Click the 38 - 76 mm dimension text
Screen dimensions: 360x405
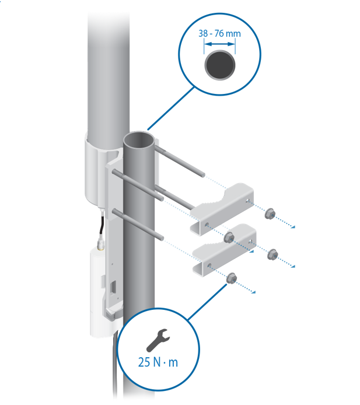(x=219, y=34)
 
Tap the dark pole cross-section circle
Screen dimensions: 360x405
(x=220, y=65)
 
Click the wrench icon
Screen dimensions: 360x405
(x=158, y=340)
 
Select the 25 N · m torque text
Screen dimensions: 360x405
(x=158, y=362)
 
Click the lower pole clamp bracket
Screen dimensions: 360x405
(x=225, y=249)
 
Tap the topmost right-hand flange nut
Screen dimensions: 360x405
(x=270, y=214)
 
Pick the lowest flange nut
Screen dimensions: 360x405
(x=232, y=278)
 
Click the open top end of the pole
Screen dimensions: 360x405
(x=139, y=140)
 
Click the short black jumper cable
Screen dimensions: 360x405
(x=102, y=224)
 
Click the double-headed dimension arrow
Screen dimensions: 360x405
(x=219, y=44)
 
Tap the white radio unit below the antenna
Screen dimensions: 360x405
(x=97, y=292)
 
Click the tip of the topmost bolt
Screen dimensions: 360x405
(x=203, y=175)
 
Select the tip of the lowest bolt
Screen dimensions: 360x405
(x=162, y=238)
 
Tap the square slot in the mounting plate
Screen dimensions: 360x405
(x=113, y=288)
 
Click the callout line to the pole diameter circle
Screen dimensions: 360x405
(x=171, y=109)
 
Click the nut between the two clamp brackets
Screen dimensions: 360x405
(x=229, y=238)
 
